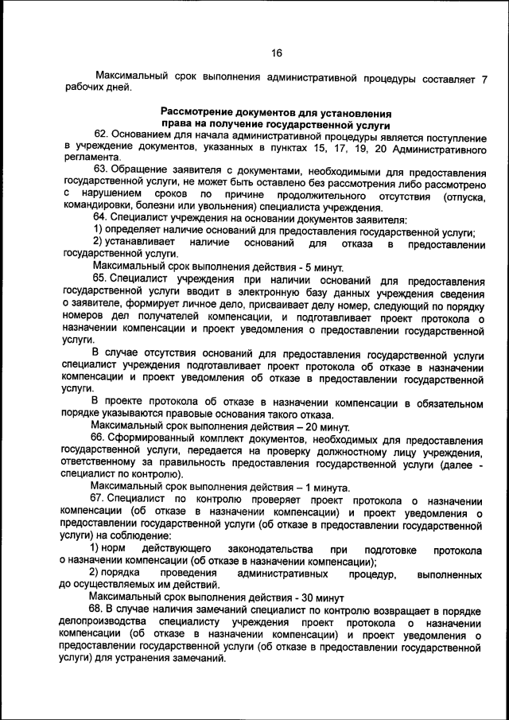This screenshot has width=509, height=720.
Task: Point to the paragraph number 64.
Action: tap(100, 218)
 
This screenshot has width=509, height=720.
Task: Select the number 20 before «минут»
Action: tap(308, 426)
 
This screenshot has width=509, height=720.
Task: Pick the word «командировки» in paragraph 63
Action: tap(99, 207)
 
